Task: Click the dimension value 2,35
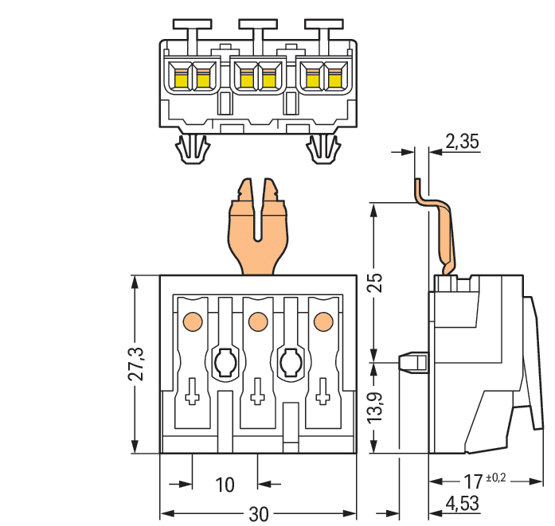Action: [x=462, y=142]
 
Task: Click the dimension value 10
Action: [x=225, y=485]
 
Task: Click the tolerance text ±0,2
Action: [x=495, y=477]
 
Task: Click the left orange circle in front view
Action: [x=191, y=321]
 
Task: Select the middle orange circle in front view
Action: [x=256, y=321]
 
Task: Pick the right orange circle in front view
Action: [x=322, y=321]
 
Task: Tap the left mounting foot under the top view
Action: [x=191, y=149]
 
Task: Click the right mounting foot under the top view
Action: [x=322, y=149]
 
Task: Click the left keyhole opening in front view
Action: [x=224, y=362]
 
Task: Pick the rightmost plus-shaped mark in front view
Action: [x=322, y=395]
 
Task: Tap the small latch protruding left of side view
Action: [x=412, y=362]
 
